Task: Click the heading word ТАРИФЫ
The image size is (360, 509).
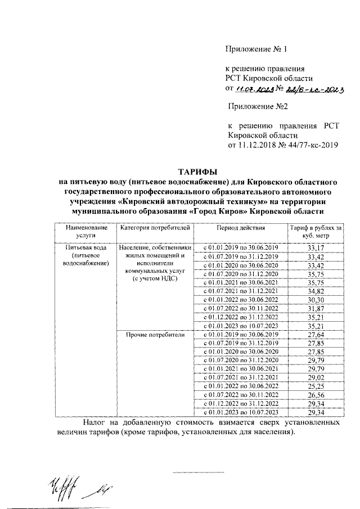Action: (x=198, y=171)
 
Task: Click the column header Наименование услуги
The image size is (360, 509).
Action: (x=85, y=232)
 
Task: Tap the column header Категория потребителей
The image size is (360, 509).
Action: (x=153, y=228)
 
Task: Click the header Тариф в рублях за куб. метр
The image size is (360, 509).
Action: (x=315, y=232)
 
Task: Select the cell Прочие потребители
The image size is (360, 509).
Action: (x=153, y=334)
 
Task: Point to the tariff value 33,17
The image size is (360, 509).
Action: (x=315, y=248)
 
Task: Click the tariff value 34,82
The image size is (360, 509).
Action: (x=315, y=291)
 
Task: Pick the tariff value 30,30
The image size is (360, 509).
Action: (x=315, y=299)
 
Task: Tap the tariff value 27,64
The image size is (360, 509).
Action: (x=315, y=334)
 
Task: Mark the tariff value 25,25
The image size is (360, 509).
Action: (x=315, y=386)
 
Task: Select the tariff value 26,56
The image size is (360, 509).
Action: (x=315, y=394)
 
